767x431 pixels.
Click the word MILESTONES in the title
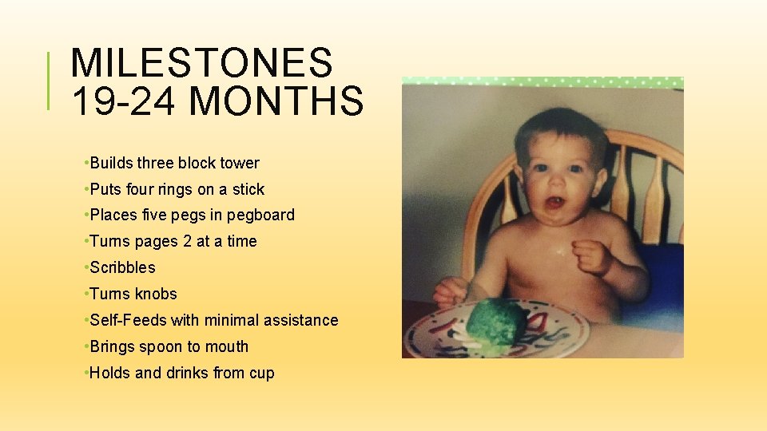(x=201, y=63)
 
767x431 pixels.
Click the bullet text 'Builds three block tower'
(x=174, y=163)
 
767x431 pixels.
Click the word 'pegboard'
(x=260, y=215)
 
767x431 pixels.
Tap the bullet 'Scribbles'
(x=122, y=267)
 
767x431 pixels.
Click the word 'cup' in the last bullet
(x=261, y=373)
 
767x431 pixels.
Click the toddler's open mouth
(x=554, y=203)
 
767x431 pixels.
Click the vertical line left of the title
(x=50, y=80)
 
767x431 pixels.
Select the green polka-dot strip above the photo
(x=542, y=82)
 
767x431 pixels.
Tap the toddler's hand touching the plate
(x=449, y=291)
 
